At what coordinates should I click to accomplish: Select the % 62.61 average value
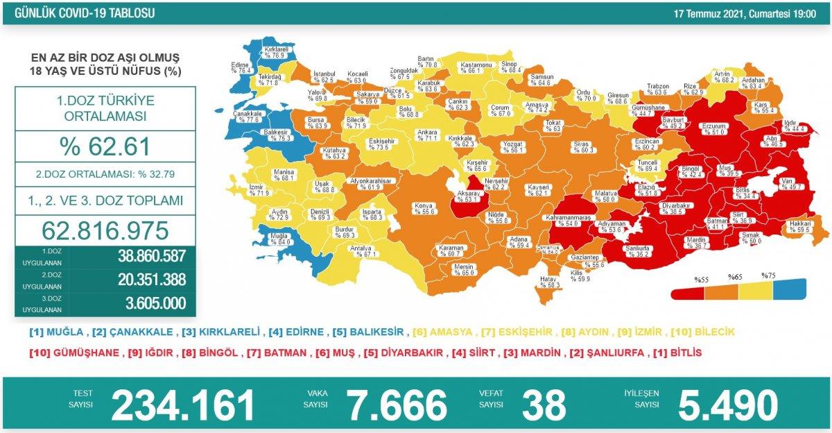point(105,146)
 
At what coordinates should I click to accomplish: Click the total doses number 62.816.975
point(105,230)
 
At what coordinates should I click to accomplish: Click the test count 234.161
point(183,405)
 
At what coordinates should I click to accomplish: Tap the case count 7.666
point(397,405)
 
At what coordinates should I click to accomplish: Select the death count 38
point(545,405)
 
